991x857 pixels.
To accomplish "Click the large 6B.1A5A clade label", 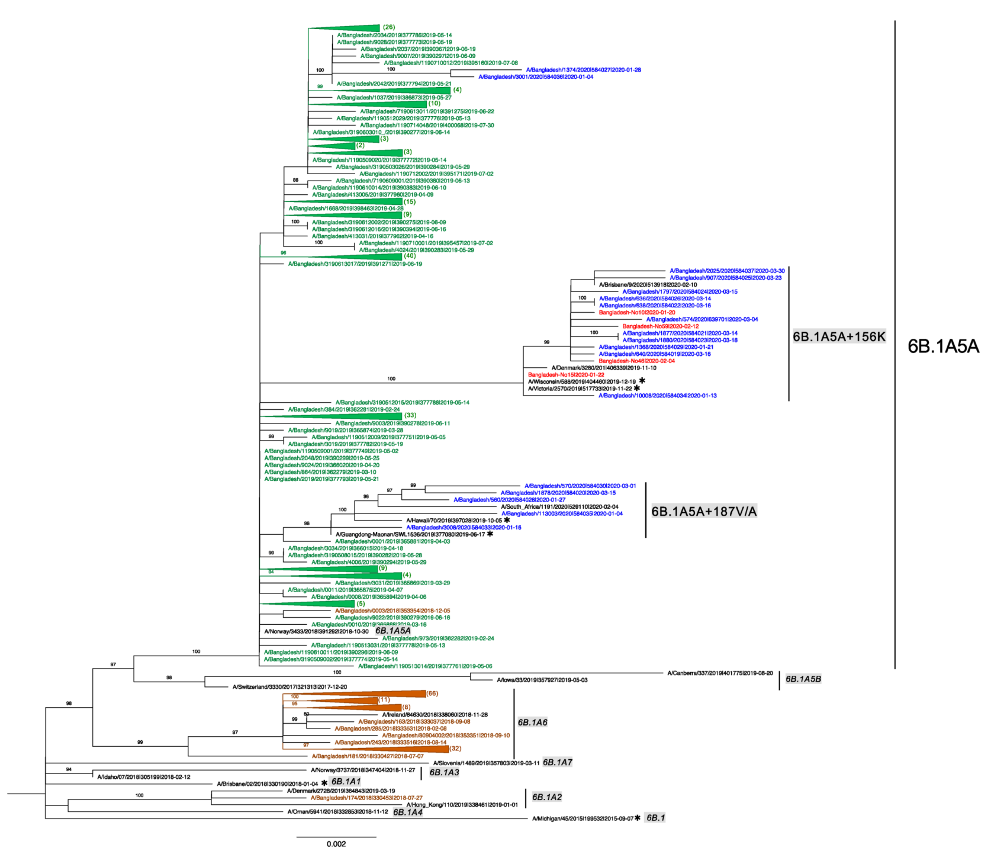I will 943,346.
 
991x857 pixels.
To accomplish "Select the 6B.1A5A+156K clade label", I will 839,336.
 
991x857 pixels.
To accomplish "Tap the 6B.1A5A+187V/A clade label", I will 704,511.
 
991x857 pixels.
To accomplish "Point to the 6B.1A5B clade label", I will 803,679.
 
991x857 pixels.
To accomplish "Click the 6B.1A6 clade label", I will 532,722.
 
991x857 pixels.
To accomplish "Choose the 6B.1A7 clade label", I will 557,762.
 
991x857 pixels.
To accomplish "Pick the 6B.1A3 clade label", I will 444,772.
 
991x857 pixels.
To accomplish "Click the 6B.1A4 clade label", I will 408,811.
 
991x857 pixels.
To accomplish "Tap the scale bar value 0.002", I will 336,844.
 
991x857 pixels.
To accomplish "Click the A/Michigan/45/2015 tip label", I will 583,819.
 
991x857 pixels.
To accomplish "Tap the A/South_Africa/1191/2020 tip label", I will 559,507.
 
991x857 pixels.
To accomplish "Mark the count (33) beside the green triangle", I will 410,415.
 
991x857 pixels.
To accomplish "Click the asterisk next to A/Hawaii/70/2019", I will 507,520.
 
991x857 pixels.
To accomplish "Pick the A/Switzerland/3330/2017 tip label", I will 289,687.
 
